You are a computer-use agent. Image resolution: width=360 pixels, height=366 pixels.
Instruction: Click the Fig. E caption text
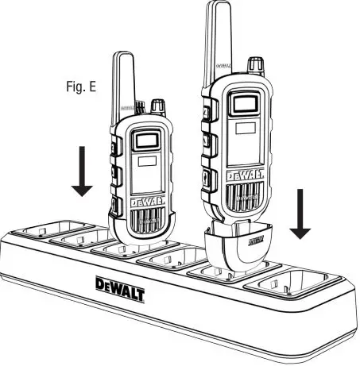81,86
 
